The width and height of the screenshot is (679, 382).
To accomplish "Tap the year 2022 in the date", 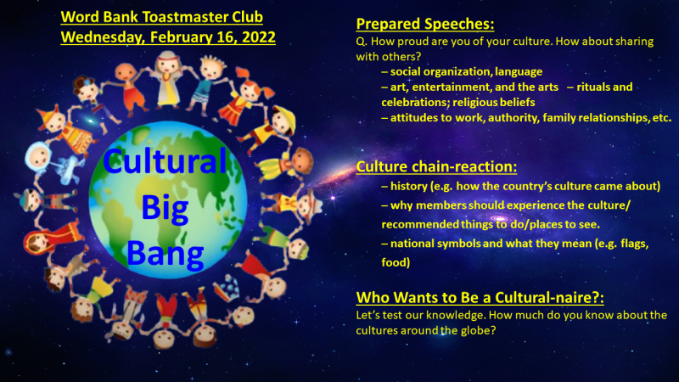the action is click(259, 37).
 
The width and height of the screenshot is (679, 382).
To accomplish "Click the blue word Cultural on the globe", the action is click(165, 160).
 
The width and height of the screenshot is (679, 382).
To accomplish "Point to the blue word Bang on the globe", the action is click(165, 254).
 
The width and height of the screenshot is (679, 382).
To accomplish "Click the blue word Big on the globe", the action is click(165, 208).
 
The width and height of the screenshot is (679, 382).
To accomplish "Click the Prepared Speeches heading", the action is click(425, 25).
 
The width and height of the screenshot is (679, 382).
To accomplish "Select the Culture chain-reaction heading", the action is click(436, 166).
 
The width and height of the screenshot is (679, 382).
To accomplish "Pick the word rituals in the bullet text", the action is click(592, 87).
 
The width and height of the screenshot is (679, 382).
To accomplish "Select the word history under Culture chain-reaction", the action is click(408, 187).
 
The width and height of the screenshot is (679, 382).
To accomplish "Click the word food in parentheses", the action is click(395, 262).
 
